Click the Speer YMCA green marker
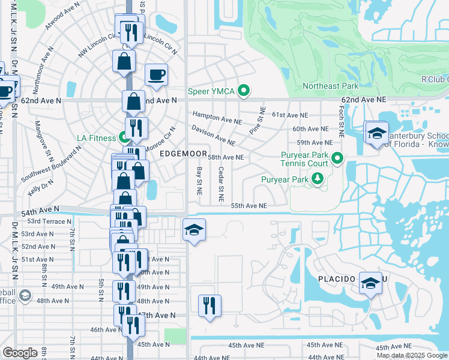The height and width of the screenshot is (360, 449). pos(243,91)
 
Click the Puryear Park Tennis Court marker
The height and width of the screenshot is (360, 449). pos(337,159)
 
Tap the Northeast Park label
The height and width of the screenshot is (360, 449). pos(330,86)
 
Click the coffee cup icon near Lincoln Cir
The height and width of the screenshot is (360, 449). pos(156,75)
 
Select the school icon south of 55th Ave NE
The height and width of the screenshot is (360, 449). pos(194,230)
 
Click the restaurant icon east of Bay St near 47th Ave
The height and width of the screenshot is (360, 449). pos(209,305)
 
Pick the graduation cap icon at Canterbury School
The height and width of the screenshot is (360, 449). pos(376,133)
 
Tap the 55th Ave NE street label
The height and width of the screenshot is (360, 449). pos(249,205)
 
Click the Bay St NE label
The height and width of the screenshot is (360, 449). pos(199,181)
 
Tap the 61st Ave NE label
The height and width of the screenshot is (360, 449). pos(290,115)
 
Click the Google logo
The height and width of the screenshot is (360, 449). pos(20,353)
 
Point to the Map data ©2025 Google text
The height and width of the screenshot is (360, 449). pos(411,355)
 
